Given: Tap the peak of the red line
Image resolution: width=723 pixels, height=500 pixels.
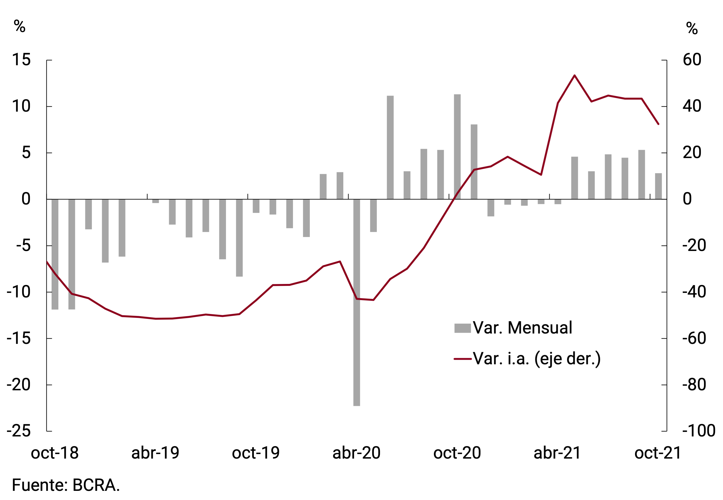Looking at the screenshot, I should (x=574, y=75).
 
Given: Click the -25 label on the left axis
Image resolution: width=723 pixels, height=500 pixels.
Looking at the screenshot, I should (x=19, y=431).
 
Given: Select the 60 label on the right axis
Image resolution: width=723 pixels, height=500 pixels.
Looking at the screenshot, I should (x=692, y=59).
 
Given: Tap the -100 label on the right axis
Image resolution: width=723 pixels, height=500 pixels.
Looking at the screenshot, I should (x=699, y=431).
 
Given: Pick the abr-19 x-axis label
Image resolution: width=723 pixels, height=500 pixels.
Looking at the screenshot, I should (x=155, y=453).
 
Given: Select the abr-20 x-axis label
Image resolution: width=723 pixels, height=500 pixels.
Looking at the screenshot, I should (x=357, y=453).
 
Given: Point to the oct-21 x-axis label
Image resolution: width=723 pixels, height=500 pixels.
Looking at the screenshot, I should (x=658, y=453).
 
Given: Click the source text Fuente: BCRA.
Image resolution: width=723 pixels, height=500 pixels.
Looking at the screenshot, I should (x=66, y=485).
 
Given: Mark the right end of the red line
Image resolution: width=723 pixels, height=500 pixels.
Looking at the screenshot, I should (x=658, y=124).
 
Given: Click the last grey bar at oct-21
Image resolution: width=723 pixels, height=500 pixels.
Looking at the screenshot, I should (x=658, y=186).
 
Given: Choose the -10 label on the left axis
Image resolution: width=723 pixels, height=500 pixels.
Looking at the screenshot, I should (x=19, y=292).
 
